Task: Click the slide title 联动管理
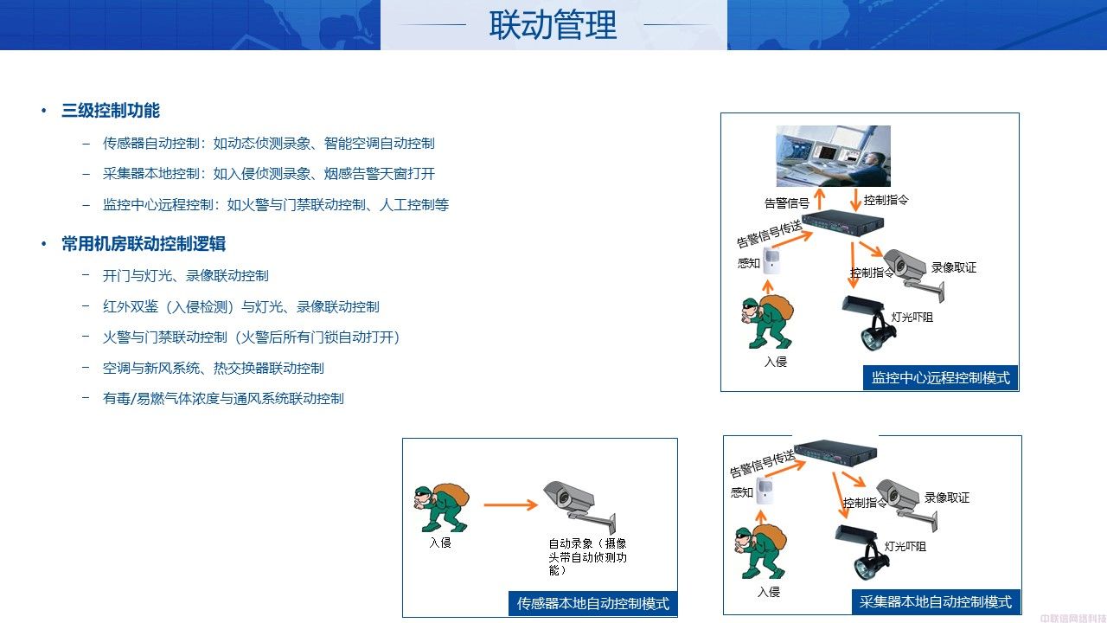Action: click(553, 25)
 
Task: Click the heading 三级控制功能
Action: click(111, 110)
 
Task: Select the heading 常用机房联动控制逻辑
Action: click(144, 244)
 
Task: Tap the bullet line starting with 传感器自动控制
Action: click(268, 144)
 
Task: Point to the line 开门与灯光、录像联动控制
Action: click(185, 276)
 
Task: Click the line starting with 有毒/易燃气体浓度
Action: click(223, 399)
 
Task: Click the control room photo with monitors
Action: click(833, 156)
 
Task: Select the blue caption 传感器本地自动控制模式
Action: click(593, 604)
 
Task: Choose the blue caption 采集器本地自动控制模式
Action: click(936, 601)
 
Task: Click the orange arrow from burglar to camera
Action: click(510, 504)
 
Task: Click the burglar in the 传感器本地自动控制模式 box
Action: click(441, 507)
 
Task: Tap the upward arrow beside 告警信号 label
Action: click(819, 199)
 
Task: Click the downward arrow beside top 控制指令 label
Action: click(855, 200)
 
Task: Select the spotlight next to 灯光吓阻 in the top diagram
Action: click(869, 323)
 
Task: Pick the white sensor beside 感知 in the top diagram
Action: click(771, 260)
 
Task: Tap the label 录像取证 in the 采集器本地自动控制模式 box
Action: click(947, 498)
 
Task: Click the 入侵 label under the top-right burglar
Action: click(776, 362)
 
